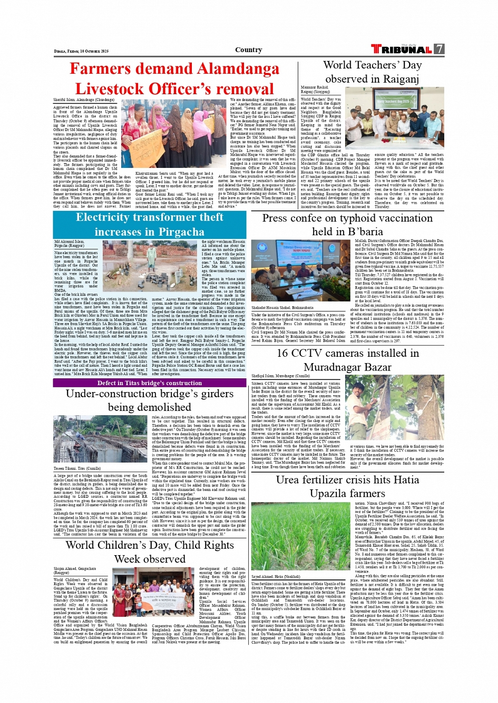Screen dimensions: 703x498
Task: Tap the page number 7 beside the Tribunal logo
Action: coord(439,49)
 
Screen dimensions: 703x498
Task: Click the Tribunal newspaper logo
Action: coord(402,49)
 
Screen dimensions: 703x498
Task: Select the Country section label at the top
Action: coord(249,49)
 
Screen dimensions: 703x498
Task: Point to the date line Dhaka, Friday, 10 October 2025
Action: coord(81,51)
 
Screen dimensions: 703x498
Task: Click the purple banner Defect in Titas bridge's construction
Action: coord(150,383)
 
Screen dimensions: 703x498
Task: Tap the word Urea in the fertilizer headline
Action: coord(287,480)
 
